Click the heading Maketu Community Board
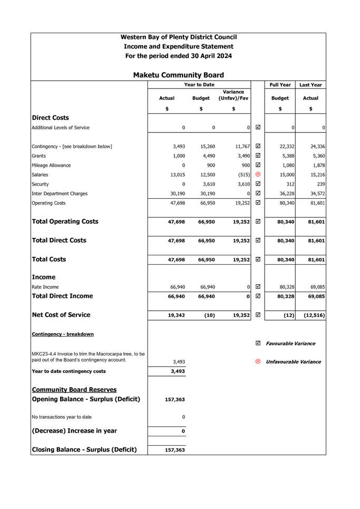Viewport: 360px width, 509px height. tap(178, 75)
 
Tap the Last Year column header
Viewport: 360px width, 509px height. tap(310, 85)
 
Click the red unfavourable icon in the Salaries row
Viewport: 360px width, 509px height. tap(258, 175)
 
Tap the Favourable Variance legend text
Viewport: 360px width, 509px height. tap(290, 343)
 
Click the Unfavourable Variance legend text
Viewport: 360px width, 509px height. tap(293, 362)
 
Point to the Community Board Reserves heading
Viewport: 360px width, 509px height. tap(74, 390)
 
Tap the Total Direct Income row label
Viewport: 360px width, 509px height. tap(63, 296)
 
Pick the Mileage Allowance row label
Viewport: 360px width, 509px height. tap(52, 166)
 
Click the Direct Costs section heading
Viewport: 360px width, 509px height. tap(50, 118)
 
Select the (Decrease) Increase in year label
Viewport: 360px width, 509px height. tap(74, 431)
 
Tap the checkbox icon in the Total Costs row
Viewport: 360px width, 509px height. tap(258, 260)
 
